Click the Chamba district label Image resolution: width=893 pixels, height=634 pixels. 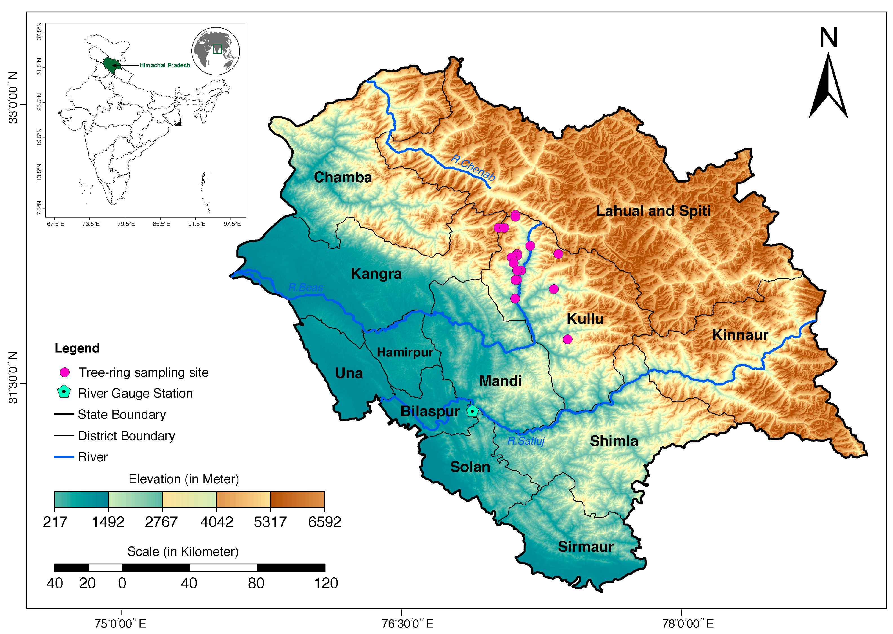coord(343,177)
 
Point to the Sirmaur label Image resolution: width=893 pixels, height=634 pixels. coord(586,547)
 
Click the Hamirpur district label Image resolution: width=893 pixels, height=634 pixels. coord(404,352)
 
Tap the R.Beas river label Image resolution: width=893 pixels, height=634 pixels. coord(305,287)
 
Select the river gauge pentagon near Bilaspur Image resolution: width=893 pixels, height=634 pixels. coord(472,411)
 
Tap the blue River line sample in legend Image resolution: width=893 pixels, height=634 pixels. coord(64,456)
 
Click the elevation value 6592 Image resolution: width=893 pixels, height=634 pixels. coord(324,522)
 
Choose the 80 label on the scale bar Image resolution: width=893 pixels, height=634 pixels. coord(256,583)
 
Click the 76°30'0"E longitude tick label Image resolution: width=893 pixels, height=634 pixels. coord(407,624)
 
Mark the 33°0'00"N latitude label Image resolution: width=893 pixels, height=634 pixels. coord(13,97)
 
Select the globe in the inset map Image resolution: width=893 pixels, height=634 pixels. coord(216,51)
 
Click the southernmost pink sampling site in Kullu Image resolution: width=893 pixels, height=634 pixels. coord(568,339)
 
